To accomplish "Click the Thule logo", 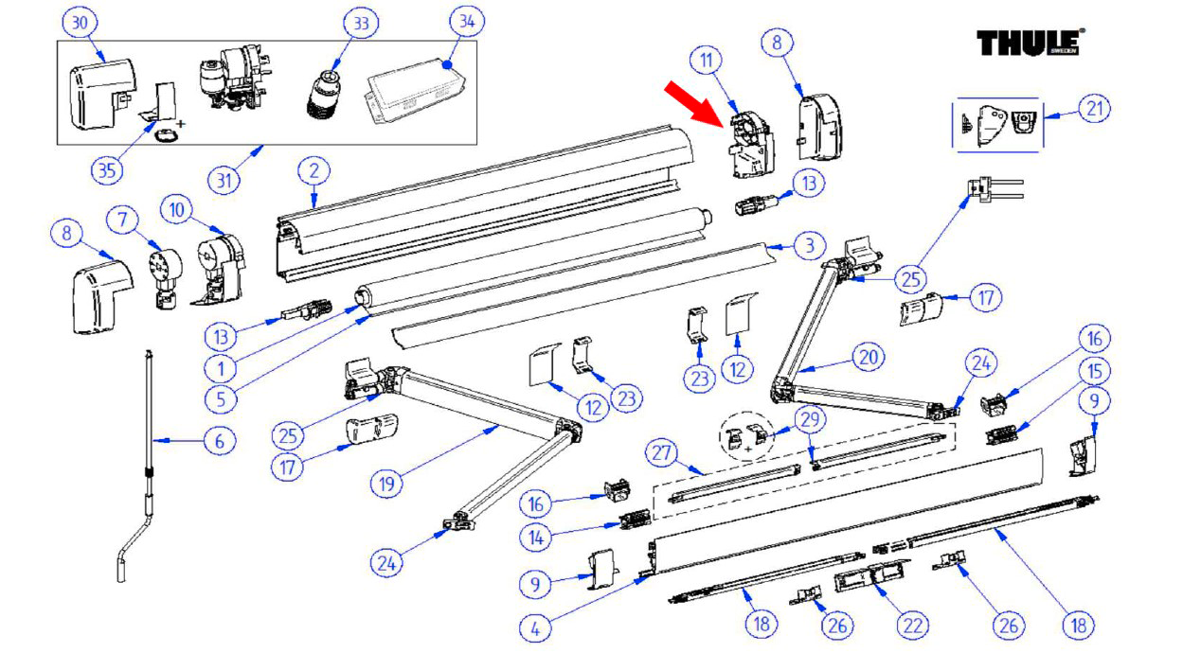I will [1031, 43].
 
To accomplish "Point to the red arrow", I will [697, 100].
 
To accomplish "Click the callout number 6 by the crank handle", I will [220, 440].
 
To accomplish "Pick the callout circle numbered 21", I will [1093, 110].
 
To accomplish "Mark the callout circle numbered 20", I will [869, 357].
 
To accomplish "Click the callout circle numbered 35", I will [109, 170].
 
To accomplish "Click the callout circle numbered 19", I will [388, 484].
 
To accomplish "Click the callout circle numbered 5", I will [220, 397].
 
